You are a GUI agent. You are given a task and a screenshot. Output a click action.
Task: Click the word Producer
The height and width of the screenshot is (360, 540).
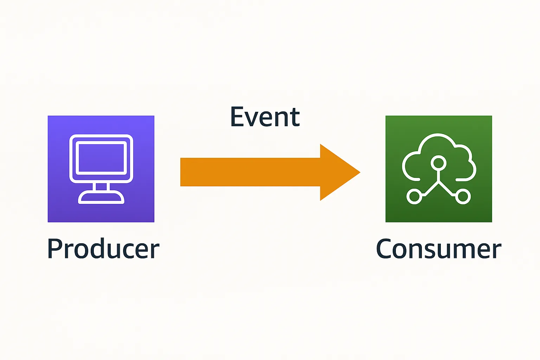103,249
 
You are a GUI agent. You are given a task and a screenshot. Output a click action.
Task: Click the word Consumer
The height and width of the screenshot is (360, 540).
438,249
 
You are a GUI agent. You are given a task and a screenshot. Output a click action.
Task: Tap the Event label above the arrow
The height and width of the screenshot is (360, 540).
265,117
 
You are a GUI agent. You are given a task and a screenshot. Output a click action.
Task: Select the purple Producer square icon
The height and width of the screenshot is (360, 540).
101,169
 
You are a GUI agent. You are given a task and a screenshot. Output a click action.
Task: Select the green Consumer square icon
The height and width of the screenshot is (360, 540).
439,169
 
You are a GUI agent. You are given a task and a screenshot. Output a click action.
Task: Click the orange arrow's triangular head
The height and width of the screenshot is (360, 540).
337,172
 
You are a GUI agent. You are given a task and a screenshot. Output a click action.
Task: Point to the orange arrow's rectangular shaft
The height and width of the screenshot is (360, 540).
250,172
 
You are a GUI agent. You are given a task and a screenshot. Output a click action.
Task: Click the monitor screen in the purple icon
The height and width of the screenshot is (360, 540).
101,158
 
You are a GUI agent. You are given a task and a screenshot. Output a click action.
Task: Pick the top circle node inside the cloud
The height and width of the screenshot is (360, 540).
438,163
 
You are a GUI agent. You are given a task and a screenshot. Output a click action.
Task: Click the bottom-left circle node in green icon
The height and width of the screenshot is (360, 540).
414,197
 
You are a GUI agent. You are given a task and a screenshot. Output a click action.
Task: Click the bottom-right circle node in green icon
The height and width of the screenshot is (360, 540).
463,197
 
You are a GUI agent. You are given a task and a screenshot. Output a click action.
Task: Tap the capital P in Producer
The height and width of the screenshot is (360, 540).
54,249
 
